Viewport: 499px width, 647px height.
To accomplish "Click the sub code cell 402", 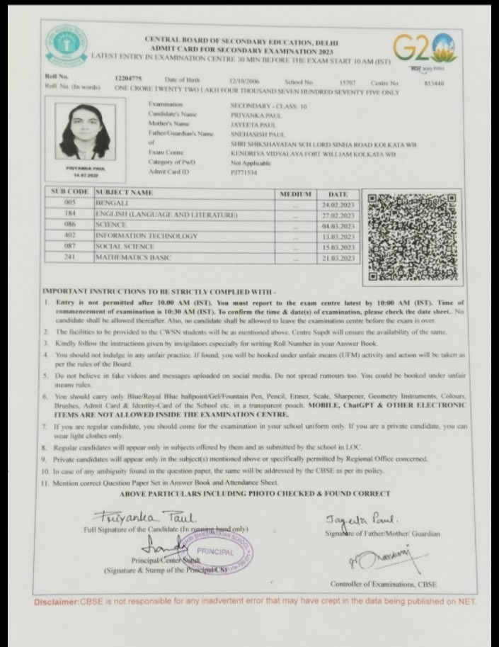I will point(69,235).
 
